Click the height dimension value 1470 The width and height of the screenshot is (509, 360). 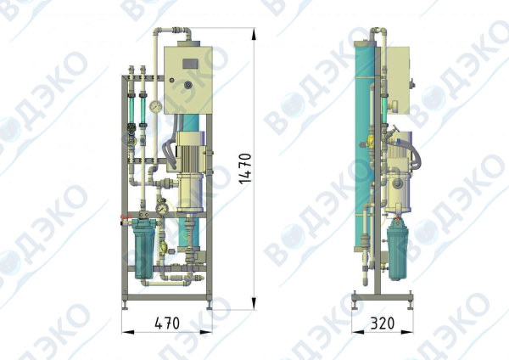245,168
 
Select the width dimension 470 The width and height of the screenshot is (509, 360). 167,323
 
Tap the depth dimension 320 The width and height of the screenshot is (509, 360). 383,323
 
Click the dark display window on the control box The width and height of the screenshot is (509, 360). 190,64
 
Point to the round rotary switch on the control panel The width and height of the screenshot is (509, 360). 188,85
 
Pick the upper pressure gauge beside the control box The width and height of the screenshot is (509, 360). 156,107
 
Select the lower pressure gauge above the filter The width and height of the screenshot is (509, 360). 161,209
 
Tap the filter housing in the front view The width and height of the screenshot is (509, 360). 144,249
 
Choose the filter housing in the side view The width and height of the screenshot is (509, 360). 397,250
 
